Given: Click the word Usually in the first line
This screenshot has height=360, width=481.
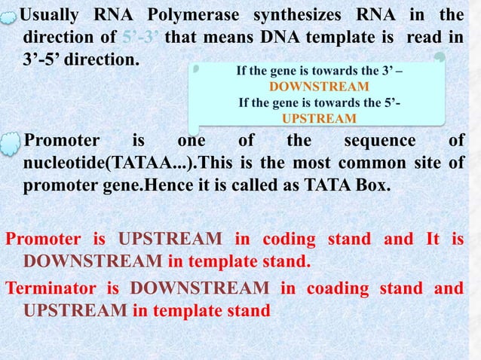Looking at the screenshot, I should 54,14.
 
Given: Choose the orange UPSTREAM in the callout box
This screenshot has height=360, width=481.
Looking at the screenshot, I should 319,118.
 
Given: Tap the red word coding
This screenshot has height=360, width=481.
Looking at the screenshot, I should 289,240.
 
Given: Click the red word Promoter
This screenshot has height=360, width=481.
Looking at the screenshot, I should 43,240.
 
